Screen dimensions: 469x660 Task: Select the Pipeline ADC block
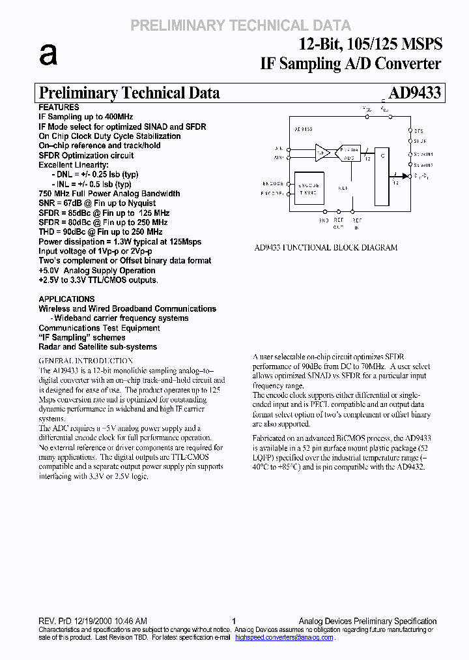[349, 153]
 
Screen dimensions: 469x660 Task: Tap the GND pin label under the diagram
[324, 220]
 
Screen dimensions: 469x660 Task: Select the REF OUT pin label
[338, 224]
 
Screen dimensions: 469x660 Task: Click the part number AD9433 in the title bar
[414, 93]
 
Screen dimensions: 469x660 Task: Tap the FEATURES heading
[59, 107]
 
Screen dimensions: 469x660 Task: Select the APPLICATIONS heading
[66, 299]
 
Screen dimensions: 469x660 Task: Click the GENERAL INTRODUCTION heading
[86, 361]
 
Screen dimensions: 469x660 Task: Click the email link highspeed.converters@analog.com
[284, 637]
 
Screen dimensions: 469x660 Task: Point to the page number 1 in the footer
[234, 622]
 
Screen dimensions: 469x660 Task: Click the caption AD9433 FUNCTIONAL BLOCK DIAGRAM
[325, 248]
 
